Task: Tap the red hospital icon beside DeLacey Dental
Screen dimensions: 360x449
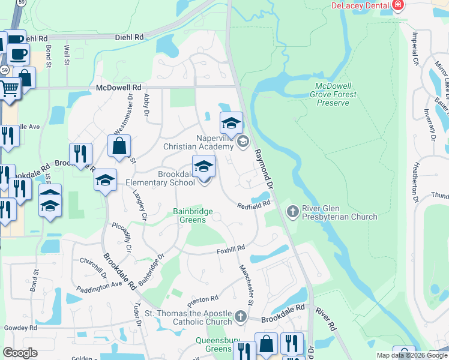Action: (397, 5)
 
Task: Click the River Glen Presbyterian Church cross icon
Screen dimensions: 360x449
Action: (292, 211)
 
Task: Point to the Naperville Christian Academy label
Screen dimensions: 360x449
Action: (197, 142)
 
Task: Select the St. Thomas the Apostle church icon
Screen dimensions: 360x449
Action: (241, 316)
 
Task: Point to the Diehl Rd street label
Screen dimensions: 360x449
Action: (130, 37)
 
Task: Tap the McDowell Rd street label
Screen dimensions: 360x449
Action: (118, 88)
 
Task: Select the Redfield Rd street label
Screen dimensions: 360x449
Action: (254, 205)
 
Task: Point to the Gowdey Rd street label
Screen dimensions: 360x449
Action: (19, 328)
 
